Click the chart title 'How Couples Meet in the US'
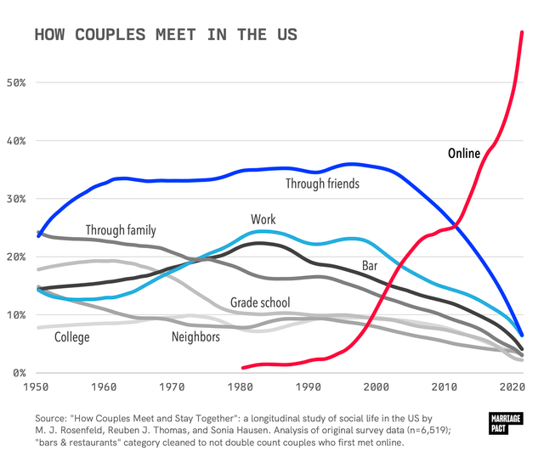pos(165,36)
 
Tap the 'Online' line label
pos(464,154)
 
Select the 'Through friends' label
pos(322,184)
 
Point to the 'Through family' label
pos(120,230)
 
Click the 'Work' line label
pos(263,220)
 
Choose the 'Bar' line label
pos(370,266)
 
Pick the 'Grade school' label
pos(260,302)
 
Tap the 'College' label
pos(71,337)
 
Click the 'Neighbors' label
pos(195,337)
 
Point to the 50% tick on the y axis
pos(17,83)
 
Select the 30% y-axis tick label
pos(17,199)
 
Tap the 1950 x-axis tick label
pos(37,387)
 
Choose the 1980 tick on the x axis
pos(240,387)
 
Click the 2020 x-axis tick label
pos(510,387)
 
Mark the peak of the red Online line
pos(522,32)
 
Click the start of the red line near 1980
pos(243,368)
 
